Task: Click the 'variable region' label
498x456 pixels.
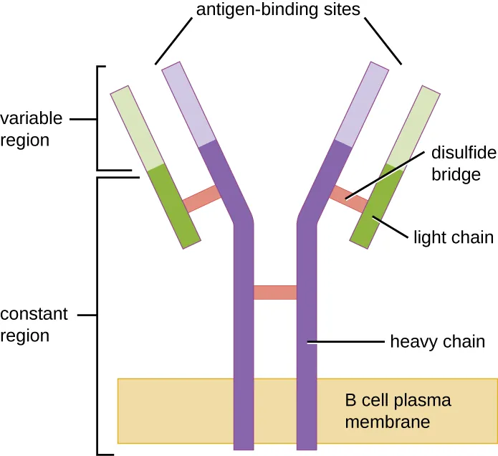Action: click(x=32, y=129)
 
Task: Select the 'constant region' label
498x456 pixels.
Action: click(x=34, y=325)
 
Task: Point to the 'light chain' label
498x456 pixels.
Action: click(x=454, y=237)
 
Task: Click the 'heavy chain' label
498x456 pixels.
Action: click(x=437, y=342)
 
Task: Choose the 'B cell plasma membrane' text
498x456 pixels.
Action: click(x=398, y=410)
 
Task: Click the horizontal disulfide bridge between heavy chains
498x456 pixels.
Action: click(x=275, y=293)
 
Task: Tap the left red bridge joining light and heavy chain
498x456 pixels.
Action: click(x=202, y=200)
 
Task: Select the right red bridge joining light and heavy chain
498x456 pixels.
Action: click(x=349, y=199)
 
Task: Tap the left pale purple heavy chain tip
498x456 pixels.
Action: click(x=189, y=105)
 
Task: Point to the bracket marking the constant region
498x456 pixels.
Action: click(x=98, y=315)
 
